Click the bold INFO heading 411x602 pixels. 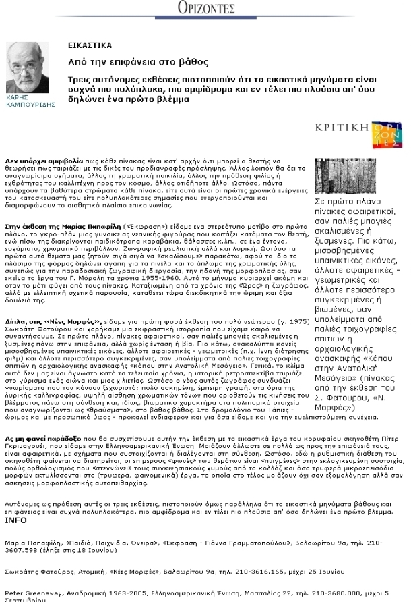(15, 520)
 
